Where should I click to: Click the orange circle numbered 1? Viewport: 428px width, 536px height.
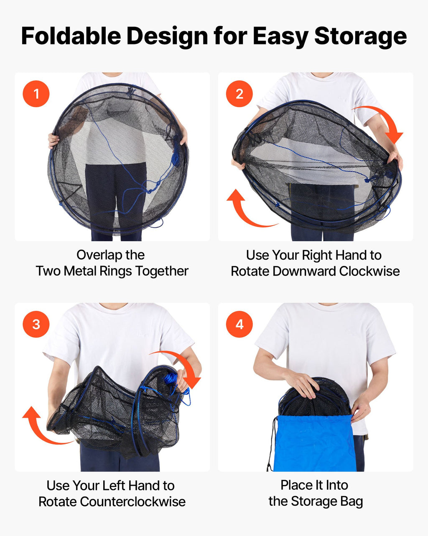coord(36,94)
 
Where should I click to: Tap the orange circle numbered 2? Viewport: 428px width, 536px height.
coord(239,94)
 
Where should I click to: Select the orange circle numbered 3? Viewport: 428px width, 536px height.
coord(36,324)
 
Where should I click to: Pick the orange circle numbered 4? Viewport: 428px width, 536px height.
coord(239,324)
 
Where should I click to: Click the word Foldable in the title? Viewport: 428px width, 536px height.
coord(71,36)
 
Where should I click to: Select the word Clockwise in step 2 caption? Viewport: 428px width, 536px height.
coord(369,271)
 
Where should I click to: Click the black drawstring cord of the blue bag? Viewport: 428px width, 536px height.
coord(271,443)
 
